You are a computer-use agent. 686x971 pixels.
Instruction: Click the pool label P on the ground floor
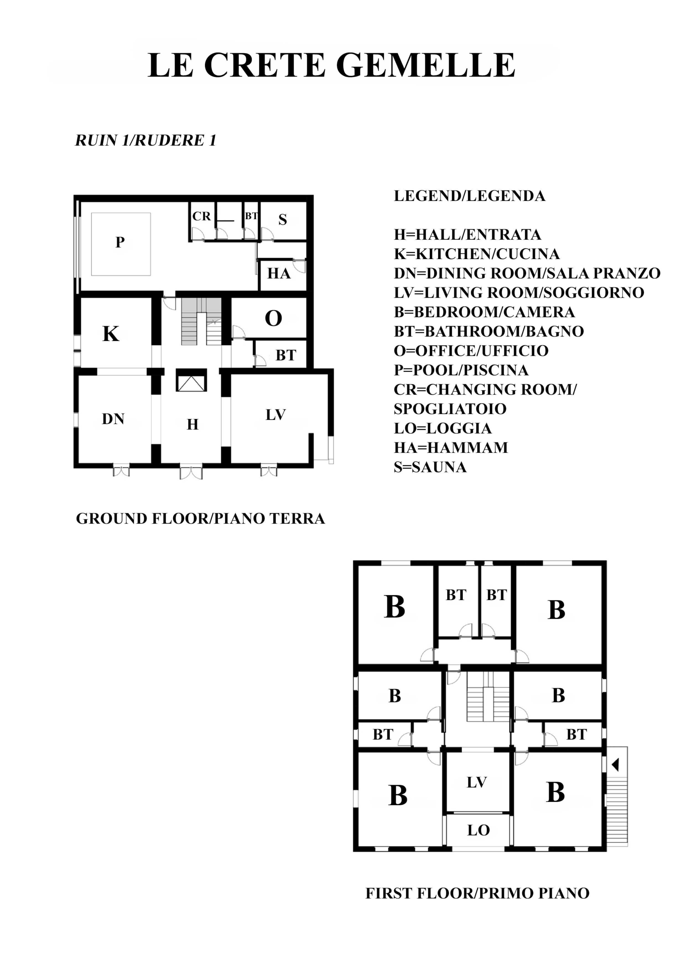(120, 242)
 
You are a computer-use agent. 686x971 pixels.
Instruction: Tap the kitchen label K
(111, 334)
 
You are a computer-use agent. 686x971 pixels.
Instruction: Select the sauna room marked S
(283, 220)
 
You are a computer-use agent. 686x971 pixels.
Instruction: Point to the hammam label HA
(279, 273)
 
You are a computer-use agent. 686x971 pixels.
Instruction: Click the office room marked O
(274, 318)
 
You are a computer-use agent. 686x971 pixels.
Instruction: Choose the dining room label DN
(113, 419)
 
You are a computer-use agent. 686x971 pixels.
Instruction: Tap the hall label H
(193, 424)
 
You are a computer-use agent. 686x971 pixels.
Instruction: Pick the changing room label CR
(201, 216)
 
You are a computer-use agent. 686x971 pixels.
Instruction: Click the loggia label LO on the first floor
(478, 830)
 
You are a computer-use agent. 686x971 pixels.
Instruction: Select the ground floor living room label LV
(276, 415)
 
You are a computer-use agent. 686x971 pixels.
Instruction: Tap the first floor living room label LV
(477, 782)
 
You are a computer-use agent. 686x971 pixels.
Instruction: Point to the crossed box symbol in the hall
(191, 380)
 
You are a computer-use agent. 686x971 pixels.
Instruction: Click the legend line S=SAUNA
(430, 467)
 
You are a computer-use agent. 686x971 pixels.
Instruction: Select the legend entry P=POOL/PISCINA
(461, 370)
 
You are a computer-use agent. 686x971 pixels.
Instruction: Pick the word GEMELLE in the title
(426, 65)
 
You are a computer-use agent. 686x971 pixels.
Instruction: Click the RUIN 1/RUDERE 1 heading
(146, 140)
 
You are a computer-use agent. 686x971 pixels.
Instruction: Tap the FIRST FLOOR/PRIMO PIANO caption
(478, 893)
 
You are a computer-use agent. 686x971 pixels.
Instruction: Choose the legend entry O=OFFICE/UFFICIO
(471, 350)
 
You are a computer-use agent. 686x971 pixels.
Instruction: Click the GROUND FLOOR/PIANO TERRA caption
(200, 518)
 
